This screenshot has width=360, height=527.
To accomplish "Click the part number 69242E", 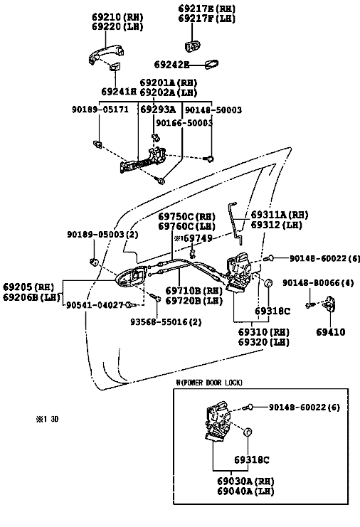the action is coord(171,64).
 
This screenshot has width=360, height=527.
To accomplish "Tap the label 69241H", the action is coord(119,92).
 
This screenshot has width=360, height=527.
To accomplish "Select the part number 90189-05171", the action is coord(100,110).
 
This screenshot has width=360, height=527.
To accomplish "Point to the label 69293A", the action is coord(158,110).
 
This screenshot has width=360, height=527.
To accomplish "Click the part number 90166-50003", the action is coord(184,123).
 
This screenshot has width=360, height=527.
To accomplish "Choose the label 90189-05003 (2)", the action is coord(102,234).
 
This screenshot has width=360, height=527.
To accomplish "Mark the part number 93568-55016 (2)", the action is coord(166,322).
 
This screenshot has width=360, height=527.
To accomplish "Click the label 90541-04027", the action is coord(95,305).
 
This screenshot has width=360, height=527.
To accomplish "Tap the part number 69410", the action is coord(331,332).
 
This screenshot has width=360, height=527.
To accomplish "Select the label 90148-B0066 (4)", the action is coord(318,282).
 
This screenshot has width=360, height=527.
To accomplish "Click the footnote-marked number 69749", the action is coord(194,238).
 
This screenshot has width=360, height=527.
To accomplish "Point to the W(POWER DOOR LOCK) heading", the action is coord(208,383).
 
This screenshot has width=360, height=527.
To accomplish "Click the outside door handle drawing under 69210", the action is coord(105,54).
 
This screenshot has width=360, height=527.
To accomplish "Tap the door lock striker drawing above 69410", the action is coord(329,304).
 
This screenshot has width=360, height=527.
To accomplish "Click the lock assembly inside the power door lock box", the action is coord(218,422).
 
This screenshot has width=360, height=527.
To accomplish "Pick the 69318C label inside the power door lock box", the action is coord(252,459).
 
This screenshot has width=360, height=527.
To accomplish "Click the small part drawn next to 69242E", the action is coord(211,64).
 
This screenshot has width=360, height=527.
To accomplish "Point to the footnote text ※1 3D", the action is coord(47,419).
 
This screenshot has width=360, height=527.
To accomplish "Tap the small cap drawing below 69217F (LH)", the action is coord(193,46).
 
